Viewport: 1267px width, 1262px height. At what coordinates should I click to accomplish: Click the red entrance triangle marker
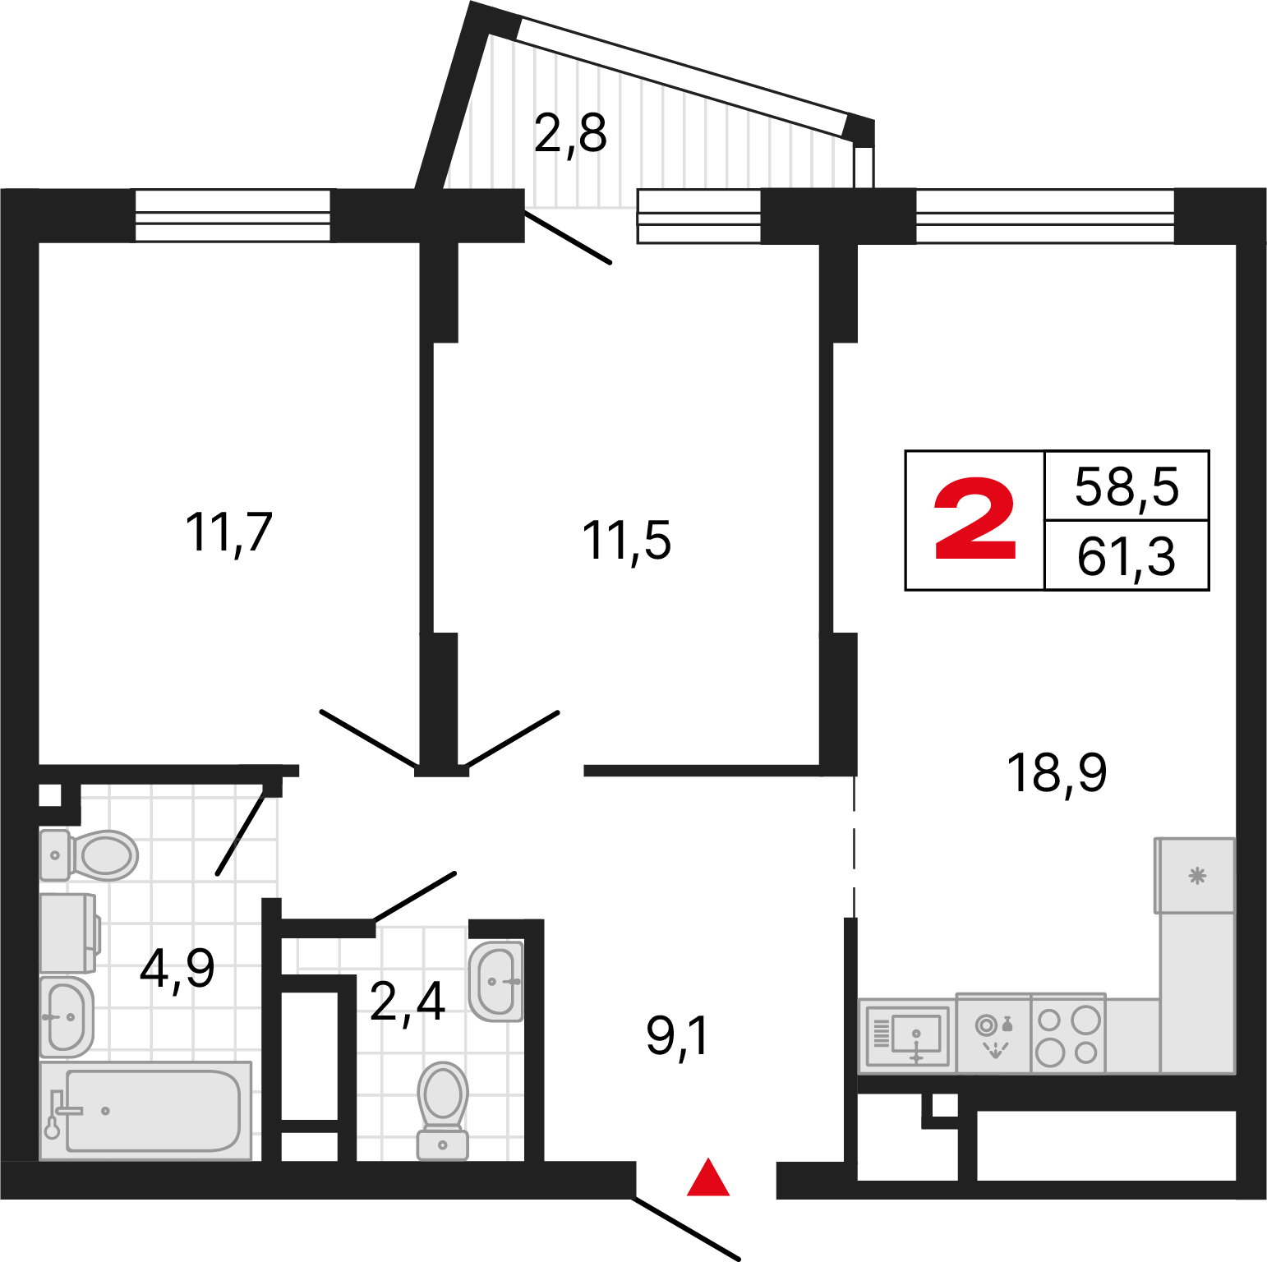point(708,1177)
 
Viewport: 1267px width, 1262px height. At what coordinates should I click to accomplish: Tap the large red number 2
point(975,520)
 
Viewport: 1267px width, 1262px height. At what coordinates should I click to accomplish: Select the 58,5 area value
point(1126,487)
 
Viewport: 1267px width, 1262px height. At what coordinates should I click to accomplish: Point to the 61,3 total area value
point(1126,557)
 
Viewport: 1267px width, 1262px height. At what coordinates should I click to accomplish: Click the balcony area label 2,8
point(570,133)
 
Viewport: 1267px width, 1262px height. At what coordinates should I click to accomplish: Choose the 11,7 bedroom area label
point(228,532)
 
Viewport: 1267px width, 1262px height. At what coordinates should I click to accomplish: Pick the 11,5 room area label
point(626,541)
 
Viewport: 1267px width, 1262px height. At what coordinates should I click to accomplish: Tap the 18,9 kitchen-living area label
point(1057,773)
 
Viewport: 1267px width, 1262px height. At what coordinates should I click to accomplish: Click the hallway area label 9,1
point(677,1036)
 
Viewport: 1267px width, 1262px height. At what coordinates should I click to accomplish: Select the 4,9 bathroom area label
point(177,968)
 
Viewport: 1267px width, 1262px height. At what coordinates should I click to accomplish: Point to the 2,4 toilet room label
point(408,1002)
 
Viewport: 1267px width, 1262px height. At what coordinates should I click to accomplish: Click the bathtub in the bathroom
point(146,1111)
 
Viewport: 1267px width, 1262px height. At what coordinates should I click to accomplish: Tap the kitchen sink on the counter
point(907,1035)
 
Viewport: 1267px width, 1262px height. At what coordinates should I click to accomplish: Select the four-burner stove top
point(1068,1035)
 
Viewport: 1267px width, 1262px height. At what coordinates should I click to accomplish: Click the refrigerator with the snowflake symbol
point(1196,876)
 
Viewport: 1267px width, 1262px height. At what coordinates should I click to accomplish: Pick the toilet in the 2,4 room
point(443,1111)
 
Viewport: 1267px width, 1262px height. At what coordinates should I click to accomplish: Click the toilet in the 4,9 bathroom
point(89,855)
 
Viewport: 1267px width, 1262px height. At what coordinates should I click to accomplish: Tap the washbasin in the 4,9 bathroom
point(67,1017)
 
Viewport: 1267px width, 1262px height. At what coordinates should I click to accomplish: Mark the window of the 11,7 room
point(233,215)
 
